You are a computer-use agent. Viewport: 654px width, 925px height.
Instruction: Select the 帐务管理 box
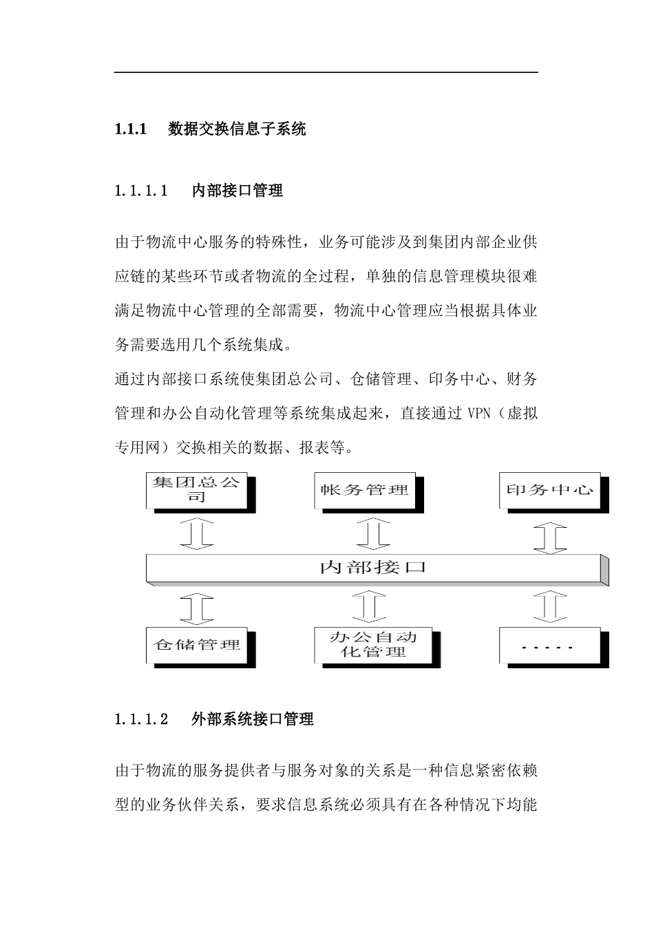(x=364, y=490)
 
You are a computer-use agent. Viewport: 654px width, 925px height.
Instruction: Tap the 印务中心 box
(x=549, y=490)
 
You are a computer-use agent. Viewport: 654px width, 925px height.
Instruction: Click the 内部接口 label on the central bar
(x=373, y=568)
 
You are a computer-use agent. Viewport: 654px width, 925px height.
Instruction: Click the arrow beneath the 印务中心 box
(x=550, y=536)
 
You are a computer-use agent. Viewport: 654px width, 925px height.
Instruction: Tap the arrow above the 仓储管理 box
(x=197, y=606)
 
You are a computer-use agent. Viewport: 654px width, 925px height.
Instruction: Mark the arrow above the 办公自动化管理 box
(x=370, y=606)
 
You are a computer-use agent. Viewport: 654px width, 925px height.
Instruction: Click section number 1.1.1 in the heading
(x=131, y=129)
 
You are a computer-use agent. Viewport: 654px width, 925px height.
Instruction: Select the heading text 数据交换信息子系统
(x=237, y=129)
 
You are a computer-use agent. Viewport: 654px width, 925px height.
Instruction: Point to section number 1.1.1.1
(x=141, y=191)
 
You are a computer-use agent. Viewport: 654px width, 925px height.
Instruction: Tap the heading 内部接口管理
(x=238, y=191)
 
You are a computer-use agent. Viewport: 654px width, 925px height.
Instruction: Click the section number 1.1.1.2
(x=141, y=720)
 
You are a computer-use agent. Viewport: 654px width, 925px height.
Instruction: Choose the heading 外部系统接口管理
(x=253, y=720)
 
